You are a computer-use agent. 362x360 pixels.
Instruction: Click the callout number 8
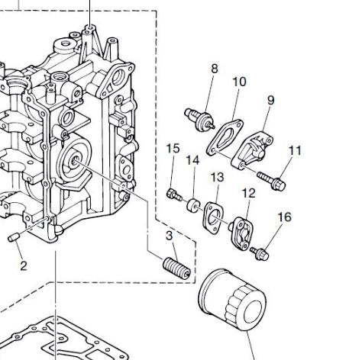click(215, 69)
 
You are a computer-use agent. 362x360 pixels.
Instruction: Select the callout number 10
click(239, 82)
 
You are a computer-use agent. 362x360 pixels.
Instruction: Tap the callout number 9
click(271, 100)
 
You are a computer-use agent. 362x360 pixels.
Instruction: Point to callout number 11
click(295, 151)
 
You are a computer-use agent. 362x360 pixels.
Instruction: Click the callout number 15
click(173, 149)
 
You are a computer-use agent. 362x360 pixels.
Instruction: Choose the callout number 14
click(192, 160)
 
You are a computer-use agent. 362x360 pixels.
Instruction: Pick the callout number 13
click(217, 177)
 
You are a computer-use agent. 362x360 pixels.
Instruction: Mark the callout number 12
click(249, 193)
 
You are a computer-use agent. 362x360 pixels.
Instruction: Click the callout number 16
click(284, 217)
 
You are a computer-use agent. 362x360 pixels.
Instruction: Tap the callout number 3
click(169, 236)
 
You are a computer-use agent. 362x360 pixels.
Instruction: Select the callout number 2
click(23, 266)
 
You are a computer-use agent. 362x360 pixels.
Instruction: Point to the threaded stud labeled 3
click(176, 268)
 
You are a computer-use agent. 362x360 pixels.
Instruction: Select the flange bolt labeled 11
click(271, 181)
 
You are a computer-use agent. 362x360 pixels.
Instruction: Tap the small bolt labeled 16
click(260, 253)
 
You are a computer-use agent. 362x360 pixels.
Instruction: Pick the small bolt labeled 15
click(174, 194)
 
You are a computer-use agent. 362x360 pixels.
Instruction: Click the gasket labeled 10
click(225, 137)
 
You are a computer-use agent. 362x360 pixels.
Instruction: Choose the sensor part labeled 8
click(200, 119)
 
